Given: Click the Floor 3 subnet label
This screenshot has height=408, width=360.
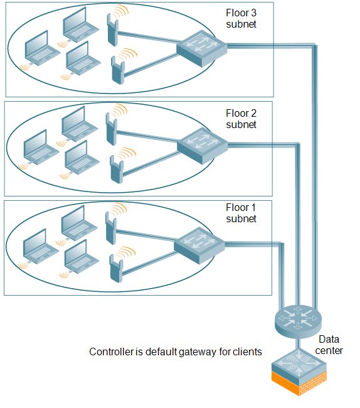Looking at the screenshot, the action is click(x=241, y=18).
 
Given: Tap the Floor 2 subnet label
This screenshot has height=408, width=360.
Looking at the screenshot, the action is click(x=241, y=119).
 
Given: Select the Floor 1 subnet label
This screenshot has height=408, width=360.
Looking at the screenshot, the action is click(x=241, y=213).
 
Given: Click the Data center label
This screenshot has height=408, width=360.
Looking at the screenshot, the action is click(x=329, y=345).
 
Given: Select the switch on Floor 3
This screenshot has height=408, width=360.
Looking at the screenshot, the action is click(x=202, y=48).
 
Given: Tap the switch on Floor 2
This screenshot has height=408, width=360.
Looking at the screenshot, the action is click(x=202, y=146).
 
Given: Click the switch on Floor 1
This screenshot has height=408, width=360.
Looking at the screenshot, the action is click(x=199, y=245).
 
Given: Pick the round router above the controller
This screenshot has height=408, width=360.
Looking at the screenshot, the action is click(x=298, y=321).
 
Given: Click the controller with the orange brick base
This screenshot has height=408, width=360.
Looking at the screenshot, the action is click(x=299, y=372).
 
